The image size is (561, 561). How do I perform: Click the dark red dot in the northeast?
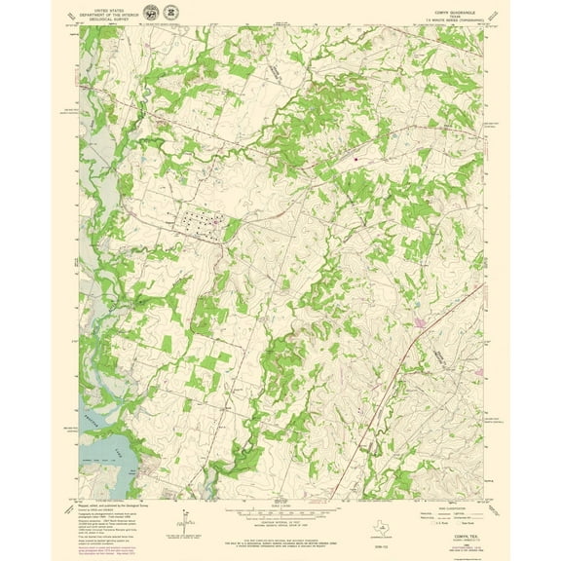click(x=355, y=157)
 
